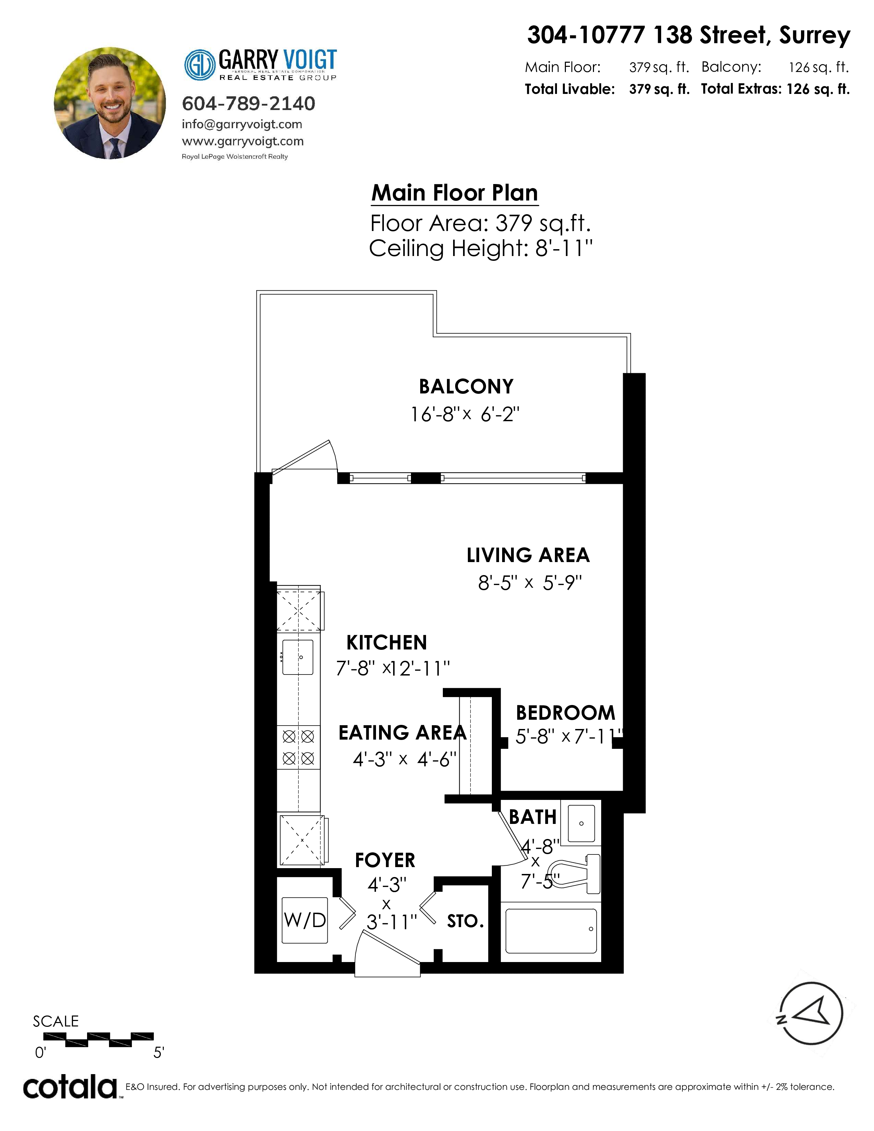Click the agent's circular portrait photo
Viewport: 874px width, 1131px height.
click(x=110, y=103)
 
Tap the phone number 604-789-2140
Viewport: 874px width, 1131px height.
click(x=248, y=104)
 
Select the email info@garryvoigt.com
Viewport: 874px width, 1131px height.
click(x=242, y=124)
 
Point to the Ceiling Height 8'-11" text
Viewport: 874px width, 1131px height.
click(x=481, y=248)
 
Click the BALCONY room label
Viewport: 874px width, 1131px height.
click(x=466, y=386)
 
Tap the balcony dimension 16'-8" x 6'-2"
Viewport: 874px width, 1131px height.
click(x=465, y=414)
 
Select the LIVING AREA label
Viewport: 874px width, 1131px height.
click(x=528, y=555)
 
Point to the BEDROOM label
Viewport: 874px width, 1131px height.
click(x=566, y=713)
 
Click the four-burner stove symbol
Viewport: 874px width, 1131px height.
click(x=298, y=747)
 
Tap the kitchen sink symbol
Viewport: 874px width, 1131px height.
click(x=298, y=657)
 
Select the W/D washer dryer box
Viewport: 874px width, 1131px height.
click(x=305, y=920)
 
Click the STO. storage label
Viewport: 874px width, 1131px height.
click(x=465, y=921)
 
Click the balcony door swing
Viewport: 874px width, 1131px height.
click(x=304, y=456)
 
